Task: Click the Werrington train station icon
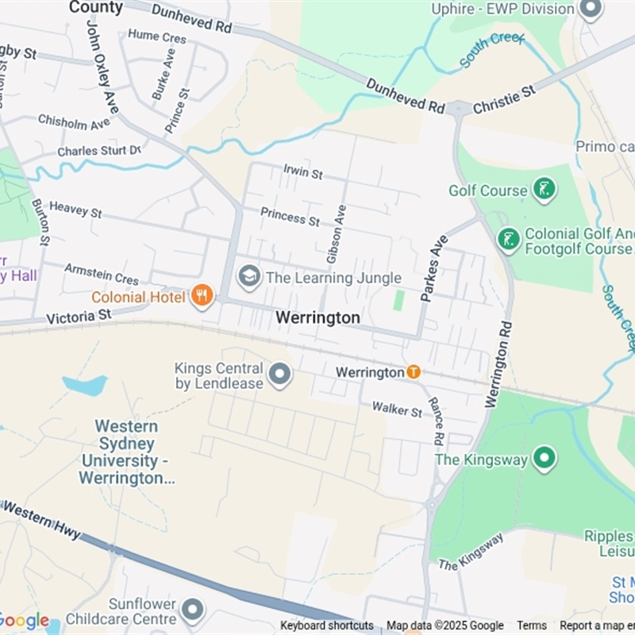[x=413, y=371]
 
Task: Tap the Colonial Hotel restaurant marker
[x=202, y=297]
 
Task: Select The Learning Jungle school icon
[x=249, y=278]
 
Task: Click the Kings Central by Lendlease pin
[x=279, y=375]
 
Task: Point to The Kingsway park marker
[x=544, y=458]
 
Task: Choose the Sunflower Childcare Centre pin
[x=192, y=610]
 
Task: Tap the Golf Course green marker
[x=544, y=190]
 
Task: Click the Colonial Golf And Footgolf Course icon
[x=509, y=238]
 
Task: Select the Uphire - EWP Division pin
[x=590, y=10]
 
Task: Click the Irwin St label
[x=303, y=171]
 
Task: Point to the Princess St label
[x=290, y=216]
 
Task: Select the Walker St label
[x=398, y=410]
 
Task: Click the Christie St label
[x=504, y=101]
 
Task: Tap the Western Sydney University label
[x=126, y=452]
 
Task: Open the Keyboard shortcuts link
[x=327, y=625]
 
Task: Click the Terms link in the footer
[x=532, y=625]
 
